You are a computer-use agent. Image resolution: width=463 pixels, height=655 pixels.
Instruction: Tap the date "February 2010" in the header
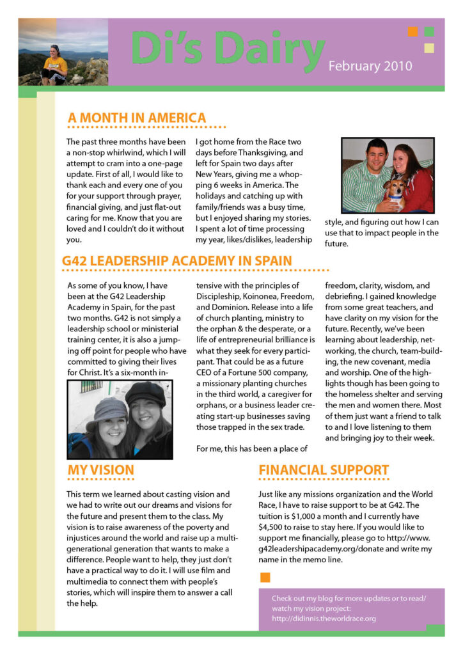click(x=370, y=66)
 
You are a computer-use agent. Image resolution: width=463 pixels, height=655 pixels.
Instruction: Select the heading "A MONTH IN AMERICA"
click(x=137, y=118)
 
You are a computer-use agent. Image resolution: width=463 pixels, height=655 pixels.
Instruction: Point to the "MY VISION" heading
click(x=101, y=471)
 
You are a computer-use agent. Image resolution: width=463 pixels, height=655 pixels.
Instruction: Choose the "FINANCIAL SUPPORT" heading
click(x=324, y=471)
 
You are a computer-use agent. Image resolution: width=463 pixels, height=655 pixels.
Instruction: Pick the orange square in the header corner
click(x=413, y=31)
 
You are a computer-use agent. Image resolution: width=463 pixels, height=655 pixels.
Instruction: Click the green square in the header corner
click(x=429, y=31)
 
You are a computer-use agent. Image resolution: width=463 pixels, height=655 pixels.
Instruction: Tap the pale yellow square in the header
click(x=429, y=47)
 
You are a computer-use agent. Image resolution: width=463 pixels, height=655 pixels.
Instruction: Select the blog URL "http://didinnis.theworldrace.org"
click(x=324, y=619)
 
